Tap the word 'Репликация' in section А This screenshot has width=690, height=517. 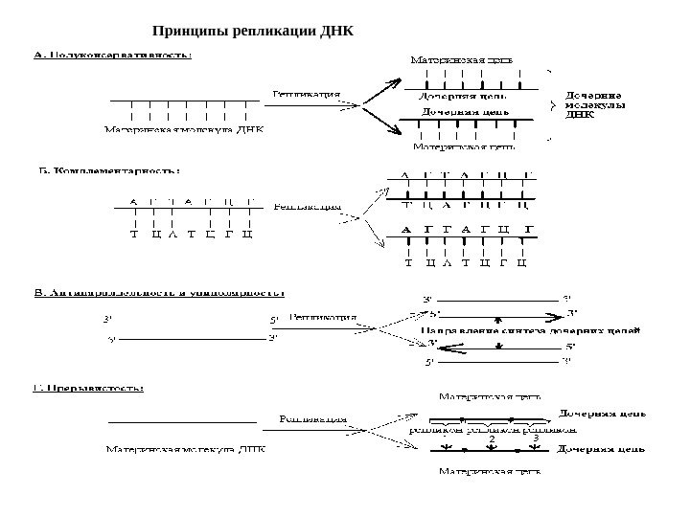[x=307, y=95]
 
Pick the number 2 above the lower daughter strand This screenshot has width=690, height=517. [x=492, y=438]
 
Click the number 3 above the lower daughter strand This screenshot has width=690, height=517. [x=535, y=438]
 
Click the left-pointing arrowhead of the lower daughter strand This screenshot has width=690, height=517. [x=433, y=345]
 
